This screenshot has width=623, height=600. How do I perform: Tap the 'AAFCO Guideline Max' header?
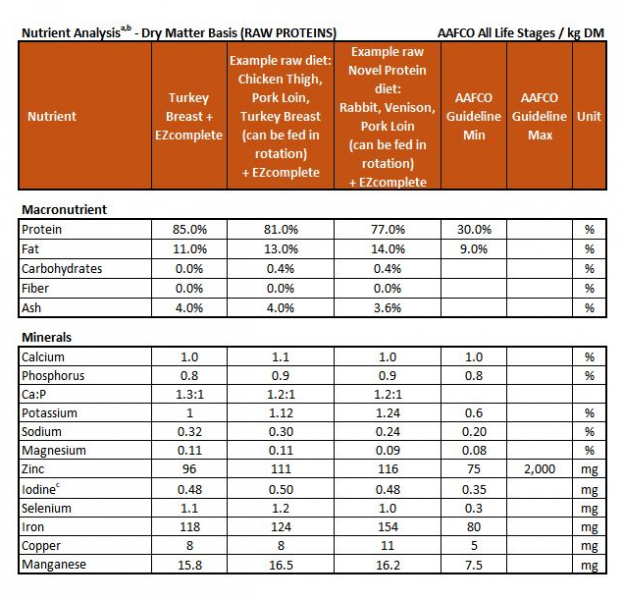pos(539,116)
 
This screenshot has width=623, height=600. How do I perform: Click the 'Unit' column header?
pos(589,116)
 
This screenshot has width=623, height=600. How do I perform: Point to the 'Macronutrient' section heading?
pos(64,210)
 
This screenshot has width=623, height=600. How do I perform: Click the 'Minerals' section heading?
pos(46,338)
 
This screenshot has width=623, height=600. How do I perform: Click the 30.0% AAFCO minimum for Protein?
pos(474,230)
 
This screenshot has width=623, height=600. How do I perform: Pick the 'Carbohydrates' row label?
pos(61,269)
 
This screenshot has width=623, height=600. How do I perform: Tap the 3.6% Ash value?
pos(387,308)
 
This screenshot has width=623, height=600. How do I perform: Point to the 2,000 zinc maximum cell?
pos(539,470)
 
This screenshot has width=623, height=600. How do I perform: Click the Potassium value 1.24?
pos(387,414)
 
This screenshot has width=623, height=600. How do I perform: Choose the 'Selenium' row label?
pos(45,508)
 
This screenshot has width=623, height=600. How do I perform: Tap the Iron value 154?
pos(387,527)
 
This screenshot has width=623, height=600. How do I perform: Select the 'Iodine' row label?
pos(41,489)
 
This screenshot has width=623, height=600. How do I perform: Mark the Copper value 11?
pos(387,546)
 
